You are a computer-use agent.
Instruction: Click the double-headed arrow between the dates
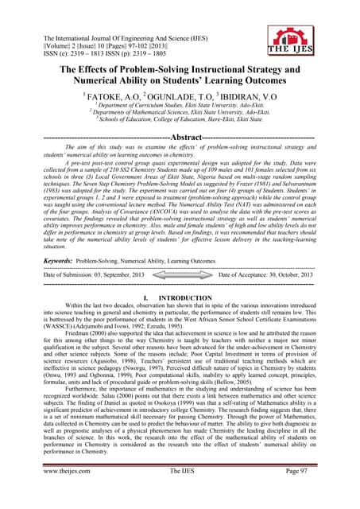180,274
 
